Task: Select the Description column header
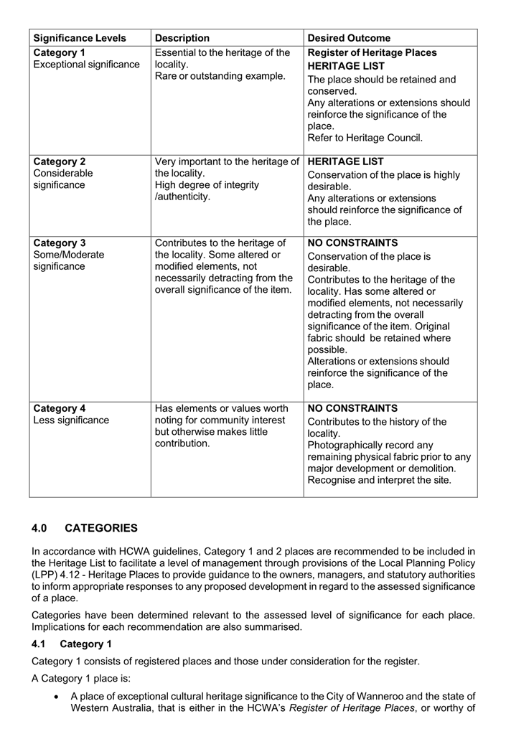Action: pos(182,38)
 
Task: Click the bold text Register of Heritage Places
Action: pos(372,52)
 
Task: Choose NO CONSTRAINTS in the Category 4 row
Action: pos(352,408)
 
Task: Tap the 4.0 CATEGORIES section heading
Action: pos(85,528)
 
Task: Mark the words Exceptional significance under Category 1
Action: pos(86,65)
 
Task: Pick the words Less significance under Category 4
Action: pos(71,420)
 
